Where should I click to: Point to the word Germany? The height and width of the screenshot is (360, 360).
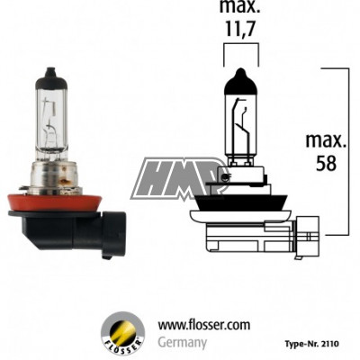[x=183, y=343]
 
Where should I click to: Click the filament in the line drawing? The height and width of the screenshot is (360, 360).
[x=242, y=126]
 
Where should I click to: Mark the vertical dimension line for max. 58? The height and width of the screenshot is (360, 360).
[x=348, y=148]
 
